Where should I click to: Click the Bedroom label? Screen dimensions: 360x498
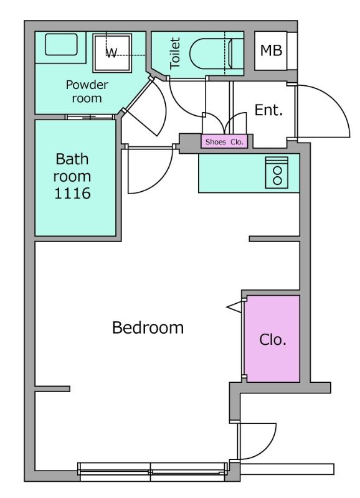click(148, 327)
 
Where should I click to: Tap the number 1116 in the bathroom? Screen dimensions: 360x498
click(72, 193)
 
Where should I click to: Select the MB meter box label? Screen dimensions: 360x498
click(271, 50)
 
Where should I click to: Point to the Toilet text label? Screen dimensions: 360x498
click(175, 53)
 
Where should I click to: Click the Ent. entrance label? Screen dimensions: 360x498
click(268, 110)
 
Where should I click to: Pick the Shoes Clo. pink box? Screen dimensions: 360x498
click(224, 142)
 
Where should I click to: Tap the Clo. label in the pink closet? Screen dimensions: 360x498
click(273, 339)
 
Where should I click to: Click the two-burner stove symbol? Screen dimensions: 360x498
click(277, 172)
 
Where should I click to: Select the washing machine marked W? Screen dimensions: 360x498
click(112, 53)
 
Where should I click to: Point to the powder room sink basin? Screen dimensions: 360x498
click(61, 44)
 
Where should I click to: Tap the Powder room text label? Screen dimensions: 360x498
click(87, 92)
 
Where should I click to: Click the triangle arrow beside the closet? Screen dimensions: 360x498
click(234, 307)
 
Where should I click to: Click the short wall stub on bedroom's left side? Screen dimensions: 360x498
click(52, 388)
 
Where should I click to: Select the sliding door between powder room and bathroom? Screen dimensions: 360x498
click(90, 117)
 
